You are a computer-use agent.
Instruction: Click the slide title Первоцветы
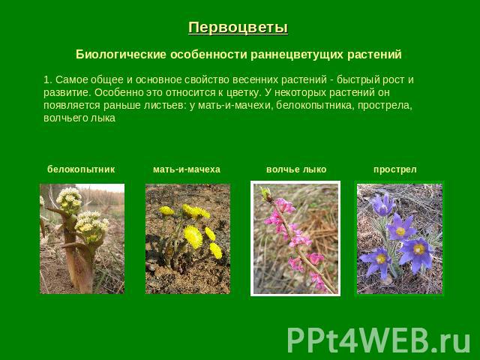(x=238, y=28)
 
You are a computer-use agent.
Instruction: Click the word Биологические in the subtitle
(x=121, y=55)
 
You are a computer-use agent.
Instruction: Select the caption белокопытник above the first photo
(x=81, y=169)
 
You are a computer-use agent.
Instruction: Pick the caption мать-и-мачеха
(x=187, y=169)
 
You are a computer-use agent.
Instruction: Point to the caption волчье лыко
(x=296, y=169)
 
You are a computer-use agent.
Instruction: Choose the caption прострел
(x=395, y=169)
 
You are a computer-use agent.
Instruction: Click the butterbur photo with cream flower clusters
(x=82, y=238)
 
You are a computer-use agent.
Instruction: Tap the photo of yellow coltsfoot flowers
(x=187, y=238)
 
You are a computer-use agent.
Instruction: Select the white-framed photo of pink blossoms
(x=295, y=238)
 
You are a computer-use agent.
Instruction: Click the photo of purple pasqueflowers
(x=400, y=238)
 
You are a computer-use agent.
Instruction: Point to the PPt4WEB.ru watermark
(x=379, y=340)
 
